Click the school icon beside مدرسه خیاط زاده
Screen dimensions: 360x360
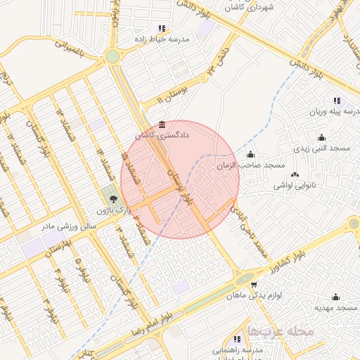[x=162, y=29]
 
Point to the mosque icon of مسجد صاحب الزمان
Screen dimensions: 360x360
[x=250, y=155]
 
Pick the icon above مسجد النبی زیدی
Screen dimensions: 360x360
[x=322, y=137]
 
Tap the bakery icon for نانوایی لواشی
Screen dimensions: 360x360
[x=294, y=174]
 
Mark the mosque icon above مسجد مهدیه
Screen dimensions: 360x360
[x=335, y=297]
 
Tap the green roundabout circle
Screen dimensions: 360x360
[x=112, y=56]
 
